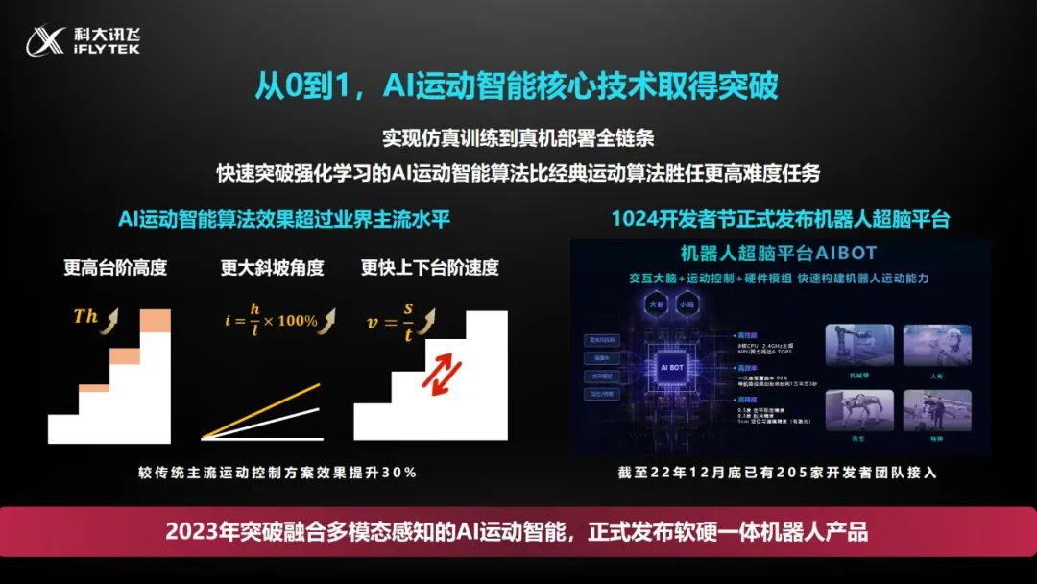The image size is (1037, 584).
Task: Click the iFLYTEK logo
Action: (x=82, y=39)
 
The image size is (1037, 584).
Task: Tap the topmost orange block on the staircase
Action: (x=155, y=320)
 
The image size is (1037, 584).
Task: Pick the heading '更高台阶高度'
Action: (x=115, y=268)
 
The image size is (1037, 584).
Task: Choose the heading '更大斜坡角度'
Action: (x=273, y=268)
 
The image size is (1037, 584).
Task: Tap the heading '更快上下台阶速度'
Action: (x=430, y=268)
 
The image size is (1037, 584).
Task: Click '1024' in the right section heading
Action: (x=635, y=219)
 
